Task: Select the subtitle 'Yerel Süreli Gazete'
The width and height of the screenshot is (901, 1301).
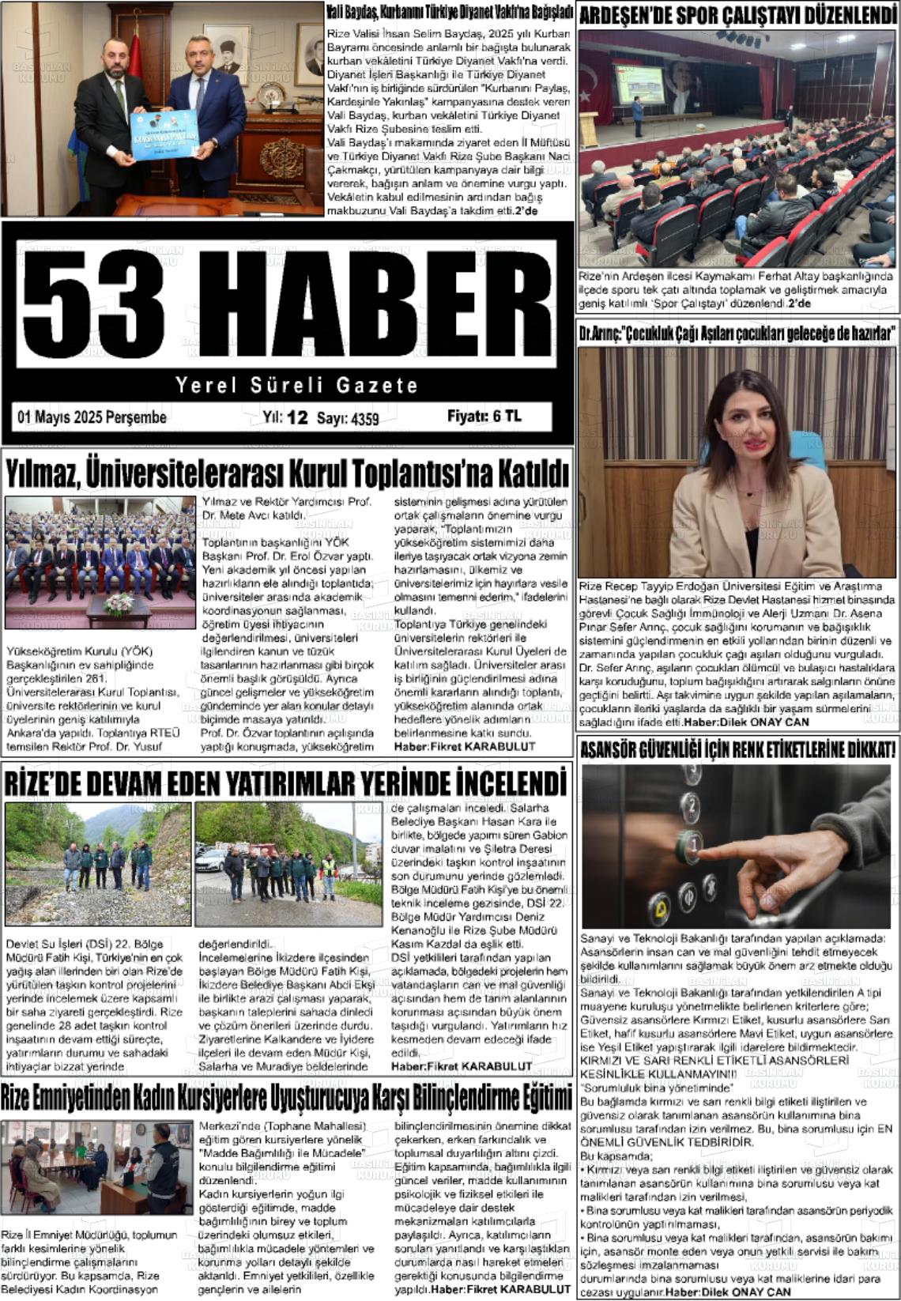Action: point(296,386)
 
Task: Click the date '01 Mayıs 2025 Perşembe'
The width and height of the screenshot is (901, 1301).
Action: point(92,417)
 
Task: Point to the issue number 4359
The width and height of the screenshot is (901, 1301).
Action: point(364,419)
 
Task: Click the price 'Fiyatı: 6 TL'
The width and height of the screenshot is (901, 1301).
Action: point(484,417)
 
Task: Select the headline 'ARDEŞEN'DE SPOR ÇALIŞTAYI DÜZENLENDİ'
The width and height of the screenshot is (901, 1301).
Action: point(737,14)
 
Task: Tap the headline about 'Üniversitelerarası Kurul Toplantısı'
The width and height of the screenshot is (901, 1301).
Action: point(288,473)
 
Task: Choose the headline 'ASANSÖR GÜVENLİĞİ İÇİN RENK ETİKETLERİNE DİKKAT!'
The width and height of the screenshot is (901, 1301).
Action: point(737,749)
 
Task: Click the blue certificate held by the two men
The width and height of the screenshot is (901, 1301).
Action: point(164,135)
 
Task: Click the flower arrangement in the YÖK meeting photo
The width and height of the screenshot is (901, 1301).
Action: point(119,604)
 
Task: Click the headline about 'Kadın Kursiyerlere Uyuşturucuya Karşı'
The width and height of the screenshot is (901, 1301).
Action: point(286,1097)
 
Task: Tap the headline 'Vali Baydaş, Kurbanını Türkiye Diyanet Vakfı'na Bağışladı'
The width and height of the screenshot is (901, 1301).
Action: point(449,13)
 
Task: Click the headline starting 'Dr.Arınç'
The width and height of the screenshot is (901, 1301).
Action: point(737,334)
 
